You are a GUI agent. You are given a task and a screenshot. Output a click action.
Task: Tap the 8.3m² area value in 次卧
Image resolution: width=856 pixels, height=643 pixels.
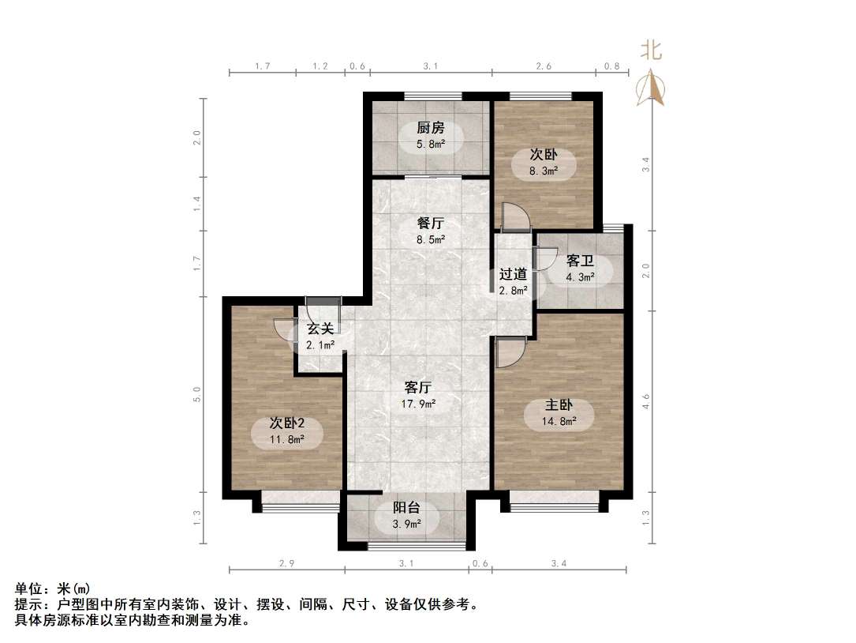(544, 170)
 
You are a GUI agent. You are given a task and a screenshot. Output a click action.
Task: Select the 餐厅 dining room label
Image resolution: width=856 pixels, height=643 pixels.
(430, 224)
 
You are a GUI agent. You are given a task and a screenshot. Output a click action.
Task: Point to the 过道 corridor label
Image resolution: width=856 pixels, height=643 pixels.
(513, 274)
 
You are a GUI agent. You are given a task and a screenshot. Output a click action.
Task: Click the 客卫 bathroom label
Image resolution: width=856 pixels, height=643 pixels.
(580, 261)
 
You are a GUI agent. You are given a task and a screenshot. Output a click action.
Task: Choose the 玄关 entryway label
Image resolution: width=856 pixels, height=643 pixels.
(320, 329)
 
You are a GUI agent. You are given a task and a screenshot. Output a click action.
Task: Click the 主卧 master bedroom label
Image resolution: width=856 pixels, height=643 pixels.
(559, 405)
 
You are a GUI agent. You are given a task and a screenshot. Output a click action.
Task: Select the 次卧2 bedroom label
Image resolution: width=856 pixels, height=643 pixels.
(286, 423)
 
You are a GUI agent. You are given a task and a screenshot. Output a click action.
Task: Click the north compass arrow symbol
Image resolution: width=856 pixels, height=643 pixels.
(652, 88)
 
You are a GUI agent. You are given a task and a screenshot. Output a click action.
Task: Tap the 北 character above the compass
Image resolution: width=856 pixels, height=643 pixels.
(651, 51)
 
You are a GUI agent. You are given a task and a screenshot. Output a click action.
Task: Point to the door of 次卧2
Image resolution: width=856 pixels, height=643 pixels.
(284, 330)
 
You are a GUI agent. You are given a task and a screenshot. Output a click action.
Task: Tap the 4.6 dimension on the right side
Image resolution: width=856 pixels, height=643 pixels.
(646, 401)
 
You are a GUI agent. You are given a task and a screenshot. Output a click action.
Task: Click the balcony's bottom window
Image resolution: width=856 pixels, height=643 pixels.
(406, 545)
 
